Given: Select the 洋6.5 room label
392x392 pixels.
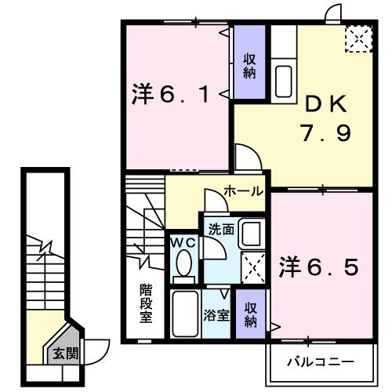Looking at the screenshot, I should pos(319,267).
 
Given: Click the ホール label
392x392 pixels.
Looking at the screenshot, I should pos(243,191).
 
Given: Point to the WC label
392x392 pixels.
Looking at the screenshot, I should pos(183,242).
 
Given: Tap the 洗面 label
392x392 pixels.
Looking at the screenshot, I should pos(221,230).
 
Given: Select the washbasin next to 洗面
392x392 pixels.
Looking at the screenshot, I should pos(251,234).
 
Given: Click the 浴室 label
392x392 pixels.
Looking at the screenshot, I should pos(216,317).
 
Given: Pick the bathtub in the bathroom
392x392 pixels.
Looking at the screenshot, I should pos(186,314).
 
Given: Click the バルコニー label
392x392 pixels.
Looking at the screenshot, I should pos(320,363).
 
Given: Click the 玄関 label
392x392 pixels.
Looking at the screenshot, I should pos(66,354).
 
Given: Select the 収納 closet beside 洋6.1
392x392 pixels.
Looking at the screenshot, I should pos(249,65).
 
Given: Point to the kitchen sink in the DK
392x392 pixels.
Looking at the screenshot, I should pos(283,78).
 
